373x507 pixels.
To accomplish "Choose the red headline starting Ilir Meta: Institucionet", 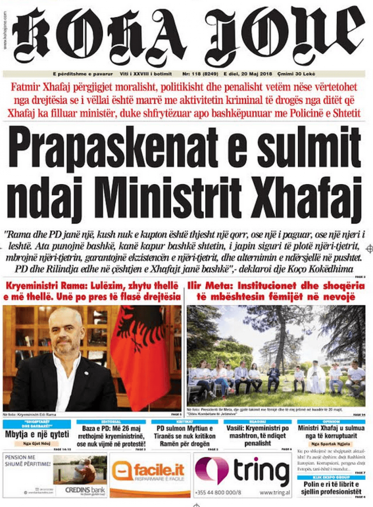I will point(276,291).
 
